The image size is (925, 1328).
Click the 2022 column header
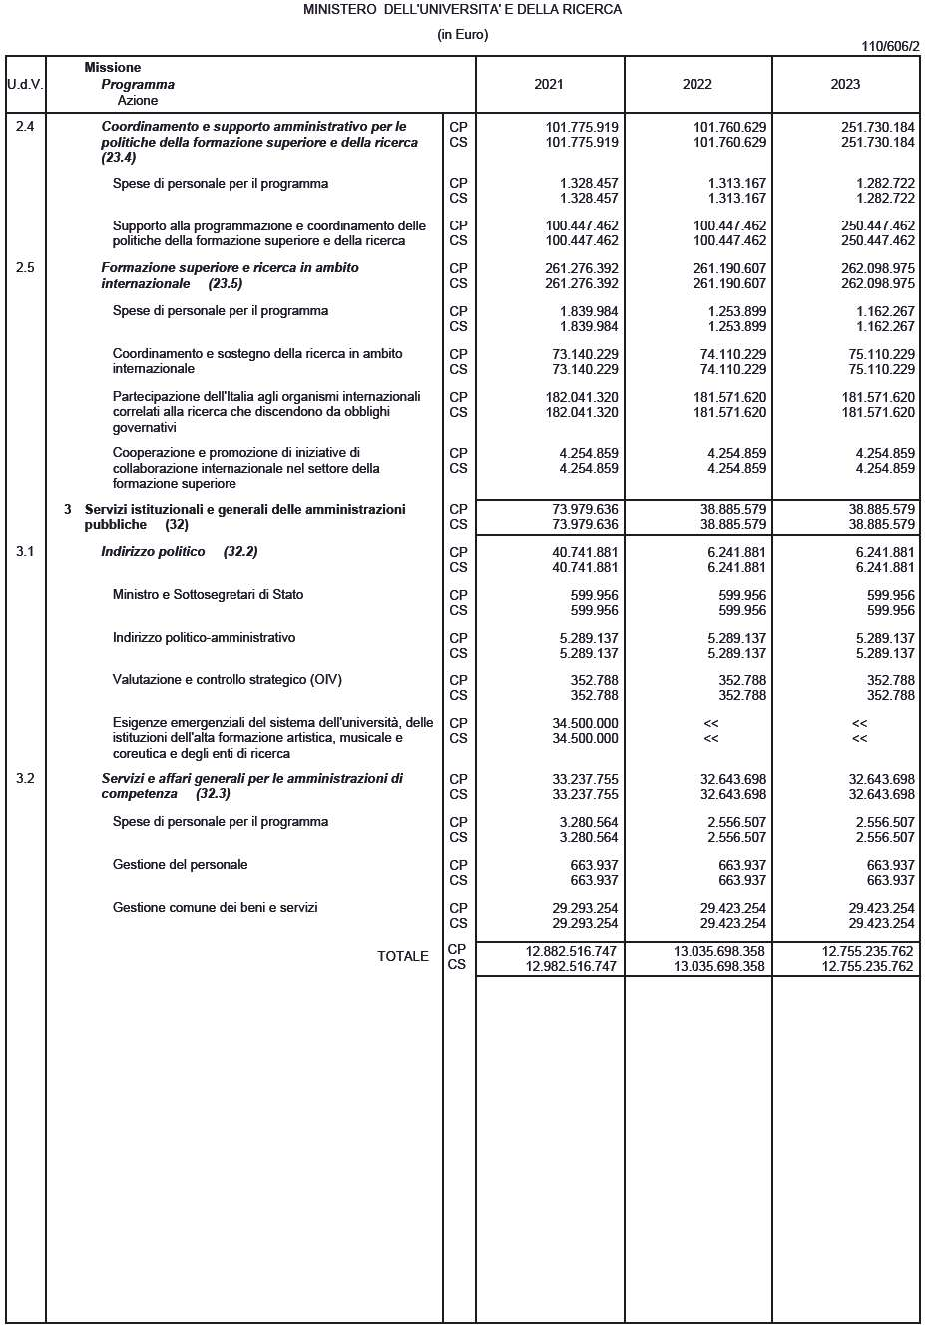696,84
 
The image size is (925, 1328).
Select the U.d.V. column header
25,84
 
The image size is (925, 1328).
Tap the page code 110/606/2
890,46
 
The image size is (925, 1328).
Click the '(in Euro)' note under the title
462,34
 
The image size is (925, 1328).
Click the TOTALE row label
402,956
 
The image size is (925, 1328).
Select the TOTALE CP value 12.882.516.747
571,951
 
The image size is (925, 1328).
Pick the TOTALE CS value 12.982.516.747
571,966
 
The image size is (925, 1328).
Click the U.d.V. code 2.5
25,268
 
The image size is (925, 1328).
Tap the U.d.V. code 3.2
25,778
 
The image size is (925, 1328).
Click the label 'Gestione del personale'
180,864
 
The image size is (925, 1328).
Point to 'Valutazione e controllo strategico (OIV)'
227,679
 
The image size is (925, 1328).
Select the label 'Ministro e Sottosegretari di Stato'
208,594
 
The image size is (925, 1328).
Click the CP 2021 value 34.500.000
585,723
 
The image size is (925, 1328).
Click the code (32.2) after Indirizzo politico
240,551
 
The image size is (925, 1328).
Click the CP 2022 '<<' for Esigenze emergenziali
710,723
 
